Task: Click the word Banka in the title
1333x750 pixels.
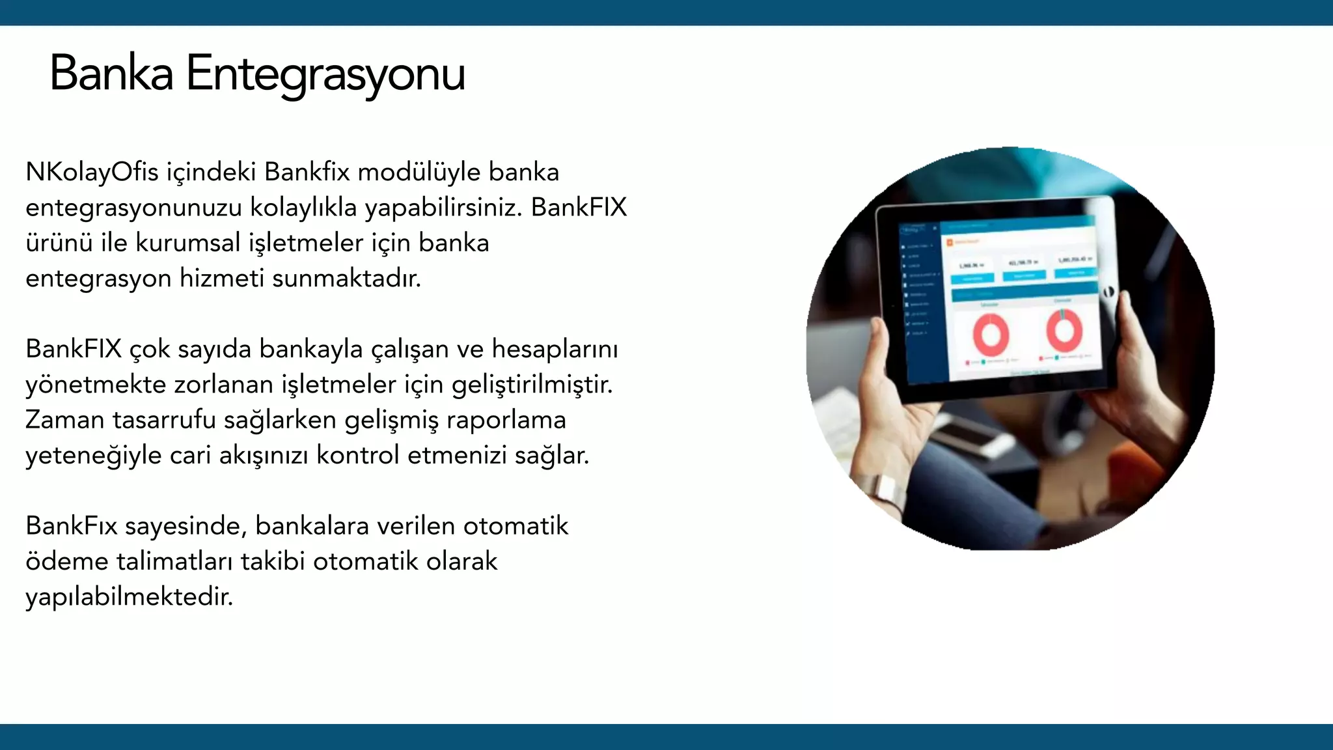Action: (x=111, y=73)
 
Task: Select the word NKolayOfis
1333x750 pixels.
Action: (x=92, y=173)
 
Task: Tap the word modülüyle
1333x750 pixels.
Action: (x=419, y=173)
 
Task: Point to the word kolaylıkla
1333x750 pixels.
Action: (x=303, y=208)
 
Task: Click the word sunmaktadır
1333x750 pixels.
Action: (x=346, y=279)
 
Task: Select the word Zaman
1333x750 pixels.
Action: (x=64, y=420)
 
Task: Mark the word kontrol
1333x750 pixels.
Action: (x=357, y=455)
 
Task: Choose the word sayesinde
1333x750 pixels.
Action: (x=185, y=526)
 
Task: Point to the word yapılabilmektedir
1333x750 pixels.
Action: (x=129, y=597)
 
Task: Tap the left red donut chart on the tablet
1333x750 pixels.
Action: (x=991, y=335)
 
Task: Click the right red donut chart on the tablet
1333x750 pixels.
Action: (x=1064, y=329)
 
